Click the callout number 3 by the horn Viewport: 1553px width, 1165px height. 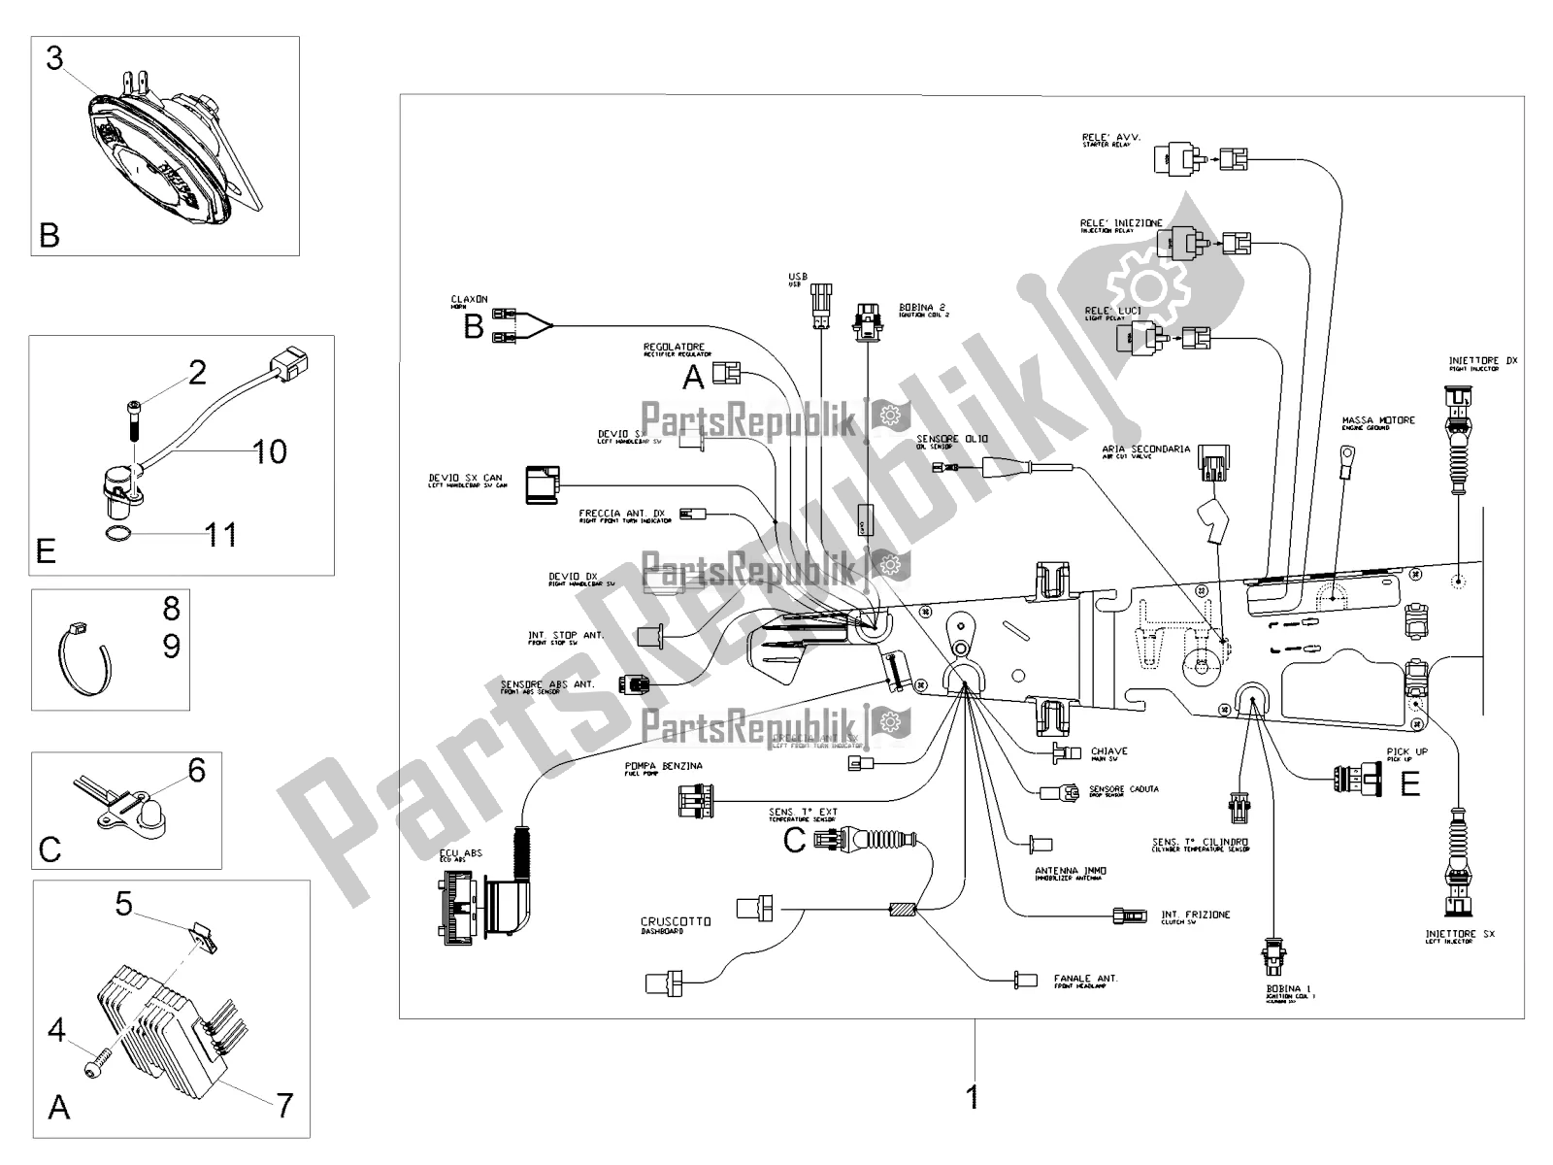54,58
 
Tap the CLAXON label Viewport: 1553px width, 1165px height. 469,299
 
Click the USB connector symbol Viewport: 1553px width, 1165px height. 821,308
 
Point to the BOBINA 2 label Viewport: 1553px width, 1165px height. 923,307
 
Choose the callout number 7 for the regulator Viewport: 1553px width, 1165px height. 283,1105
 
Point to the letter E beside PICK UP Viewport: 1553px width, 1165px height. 1410,782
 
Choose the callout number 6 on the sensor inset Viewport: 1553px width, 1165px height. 197,771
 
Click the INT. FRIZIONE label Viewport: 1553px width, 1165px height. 1196,915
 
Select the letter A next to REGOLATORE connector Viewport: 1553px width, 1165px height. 693,377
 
